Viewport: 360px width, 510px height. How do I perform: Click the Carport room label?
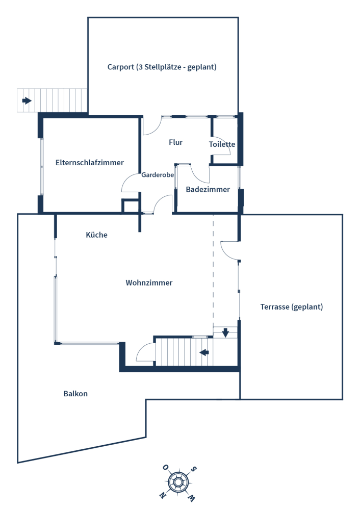[x=162, y=67]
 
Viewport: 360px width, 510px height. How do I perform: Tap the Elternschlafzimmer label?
[x=90, y=163]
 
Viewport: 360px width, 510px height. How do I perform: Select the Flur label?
[x=175, y=142]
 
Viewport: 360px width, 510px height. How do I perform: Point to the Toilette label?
[x=222, y=144]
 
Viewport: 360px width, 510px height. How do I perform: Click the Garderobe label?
[x=158, y=175]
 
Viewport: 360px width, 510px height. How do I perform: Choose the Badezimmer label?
[x=208, y=189]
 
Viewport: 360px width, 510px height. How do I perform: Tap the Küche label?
[x=96, y=235]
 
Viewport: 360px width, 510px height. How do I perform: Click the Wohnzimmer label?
[x=149, y=283]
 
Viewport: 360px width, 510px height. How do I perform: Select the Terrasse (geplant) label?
[x=292, y=307]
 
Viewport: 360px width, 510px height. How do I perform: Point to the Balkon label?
[x=75, y=394]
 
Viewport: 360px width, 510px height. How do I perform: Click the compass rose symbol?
[x=178, y=482]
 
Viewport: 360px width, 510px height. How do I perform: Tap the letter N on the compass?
[x=162, y=495]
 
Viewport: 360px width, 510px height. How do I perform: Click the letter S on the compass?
[x=193, y=469]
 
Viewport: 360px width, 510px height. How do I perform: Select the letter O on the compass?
[x=165, y=468]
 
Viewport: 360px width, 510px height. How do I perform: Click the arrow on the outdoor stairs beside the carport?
[x=27, y=100]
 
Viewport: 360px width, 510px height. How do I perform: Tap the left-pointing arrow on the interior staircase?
[x=204, y=352]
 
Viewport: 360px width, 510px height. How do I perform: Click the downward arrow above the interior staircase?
[x=225, y=333]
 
